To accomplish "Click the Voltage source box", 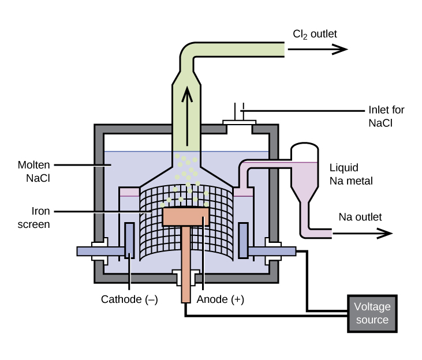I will [372, 313].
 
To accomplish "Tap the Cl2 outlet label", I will [315, 35].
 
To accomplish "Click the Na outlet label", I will [360, 217].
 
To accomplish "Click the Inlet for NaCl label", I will [386, 116].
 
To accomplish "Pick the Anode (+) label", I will [221, 299].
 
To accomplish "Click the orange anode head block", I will [185, 216].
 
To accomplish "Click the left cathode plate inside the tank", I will [129, 241].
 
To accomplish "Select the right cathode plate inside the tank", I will [242, 241].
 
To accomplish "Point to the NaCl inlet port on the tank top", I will [238, 123].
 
